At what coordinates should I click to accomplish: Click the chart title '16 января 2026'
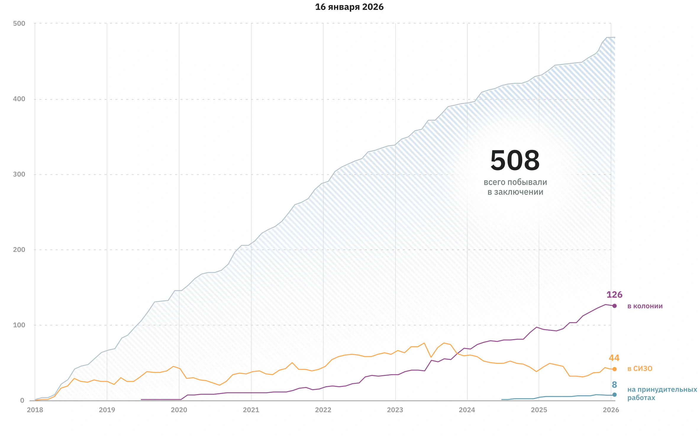point(349,7)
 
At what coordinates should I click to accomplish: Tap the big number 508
point(515,160)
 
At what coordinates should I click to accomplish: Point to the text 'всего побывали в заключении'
point(515,187)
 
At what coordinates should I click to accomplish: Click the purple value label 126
point(614,295)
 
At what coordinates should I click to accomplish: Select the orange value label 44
point(614,358)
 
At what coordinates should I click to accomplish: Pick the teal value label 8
point(614,385)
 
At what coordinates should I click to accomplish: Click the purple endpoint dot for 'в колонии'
point(614,306)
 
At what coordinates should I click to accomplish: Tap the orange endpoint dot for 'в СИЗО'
point(614,369)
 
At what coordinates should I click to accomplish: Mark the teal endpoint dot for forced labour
point(614,394)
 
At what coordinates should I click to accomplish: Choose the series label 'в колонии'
point(645,306)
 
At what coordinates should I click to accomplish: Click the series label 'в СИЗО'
point(640,369)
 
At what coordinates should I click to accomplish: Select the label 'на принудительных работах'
point(662,394)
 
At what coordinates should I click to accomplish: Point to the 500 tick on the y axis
point(19,23)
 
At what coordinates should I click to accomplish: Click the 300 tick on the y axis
point(19,174)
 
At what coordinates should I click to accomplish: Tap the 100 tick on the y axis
point(19,325)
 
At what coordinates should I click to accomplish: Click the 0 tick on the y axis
point(22,400)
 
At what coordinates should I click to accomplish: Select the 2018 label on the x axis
point(35,410)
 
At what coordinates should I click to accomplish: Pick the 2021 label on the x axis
point(251,410)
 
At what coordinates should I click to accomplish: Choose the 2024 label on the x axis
point(467,410)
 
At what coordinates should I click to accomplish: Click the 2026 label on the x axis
point(611,410)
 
